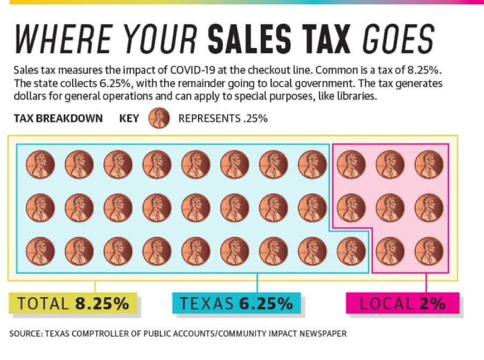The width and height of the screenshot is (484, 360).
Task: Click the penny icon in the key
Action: [159, 118]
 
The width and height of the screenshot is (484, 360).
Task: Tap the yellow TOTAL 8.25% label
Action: [73, 303]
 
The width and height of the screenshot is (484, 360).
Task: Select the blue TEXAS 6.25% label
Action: [236, 303]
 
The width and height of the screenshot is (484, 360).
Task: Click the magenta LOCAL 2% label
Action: [402, 303]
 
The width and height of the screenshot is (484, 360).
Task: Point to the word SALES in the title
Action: [250, 39]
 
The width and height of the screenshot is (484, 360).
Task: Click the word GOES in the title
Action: [398, 39]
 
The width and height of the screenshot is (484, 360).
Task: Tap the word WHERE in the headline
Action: [64, 39]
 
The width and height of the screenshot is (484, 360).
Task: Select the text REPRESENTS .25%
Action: [223, 118]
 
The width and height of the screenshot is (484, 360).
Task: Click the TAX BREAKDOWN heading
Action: [58, 118]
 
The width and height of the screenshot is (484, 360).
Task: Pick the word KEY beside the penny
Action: [129, 118]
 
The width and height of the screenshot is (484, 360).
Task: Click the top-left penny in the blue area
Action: [40, 165]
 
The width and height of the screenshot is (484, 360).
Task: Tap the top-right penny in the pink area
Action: [429, 165]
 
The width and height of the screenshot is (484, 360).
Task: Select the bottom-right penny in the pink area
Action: [429, 251]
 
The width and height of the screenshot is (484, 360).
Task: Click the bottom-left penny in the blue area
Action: [40, 251]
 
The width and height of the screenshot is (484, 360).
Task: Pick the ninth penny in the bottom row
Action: [351, 251]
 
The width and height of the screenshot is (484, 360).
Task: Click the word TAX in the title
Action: [326, 39]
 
